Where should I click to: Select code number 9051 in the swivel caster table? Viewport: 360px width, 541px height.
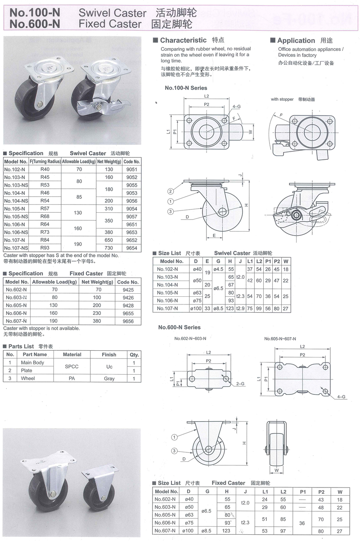click(x=132, y=170)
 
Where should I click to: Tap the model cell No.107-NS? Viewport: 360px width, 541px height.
click(x=16, y=248)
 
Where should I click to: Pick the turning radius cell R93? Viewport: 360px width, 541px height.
click(x=45, y=248)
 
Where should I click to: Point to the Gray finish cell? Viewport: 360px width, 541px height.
click(x=109, y=379)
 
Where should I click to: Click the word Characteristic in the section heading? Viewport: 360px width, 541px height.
click(x=183, y=40)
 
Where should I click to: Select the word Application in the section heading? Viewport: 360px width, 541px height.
click(x=296, y=40)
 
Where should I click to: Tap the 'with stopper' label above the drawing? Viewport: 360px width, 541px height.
click(x=282, y=99)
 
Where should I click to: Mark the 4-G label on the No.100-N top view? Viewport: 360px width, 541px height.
click(x=236, y=107)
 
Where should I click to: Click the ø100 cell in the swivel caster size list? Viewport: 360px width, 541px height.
click(x=196, y=308)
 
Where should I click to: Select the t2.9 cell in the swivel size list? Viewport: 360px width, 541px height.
click(x=241, y=308)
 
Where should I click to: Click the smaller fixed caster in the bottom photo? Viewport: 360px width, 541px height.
click(x=99, y=490)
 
